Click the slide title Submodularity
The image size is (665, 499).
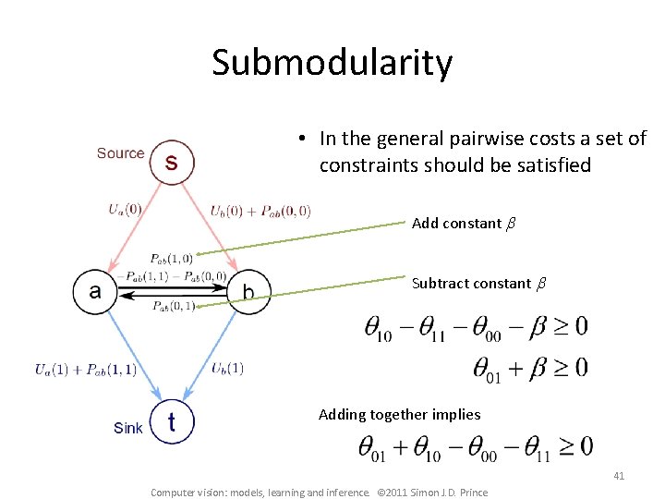(332, 63)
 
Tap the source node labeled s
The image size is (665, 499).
(171, 162)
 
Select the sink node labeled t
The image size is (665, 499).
(172, 422)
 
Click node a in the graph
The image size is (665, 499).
(96, 292)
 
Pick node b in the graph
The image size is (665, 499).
(248, 292)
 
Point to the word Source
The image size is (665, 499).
(120, 153)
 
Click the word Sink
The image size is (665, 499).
(127, 428)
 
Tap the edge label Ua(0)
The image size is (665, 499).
(125, 209)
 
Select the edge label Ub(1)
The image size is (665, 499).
(227, 369)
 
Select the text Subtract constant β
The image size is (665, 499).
(478, 284)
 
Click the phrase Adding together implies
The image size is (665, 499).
(398, 414)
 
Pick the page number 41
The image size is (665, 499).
(619, 476)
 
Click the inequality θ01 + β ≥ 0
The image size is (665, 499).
(530, 369)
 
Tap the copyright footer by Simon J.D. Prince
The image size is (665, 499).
(319, 492)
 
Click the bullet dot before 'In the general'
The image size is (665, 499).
(301, 140)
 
